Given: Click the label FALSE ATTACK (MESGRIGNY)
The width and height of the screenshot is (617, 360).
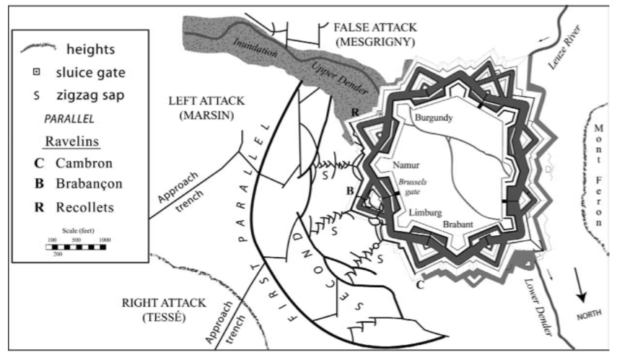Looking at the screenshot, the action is pos(375,34).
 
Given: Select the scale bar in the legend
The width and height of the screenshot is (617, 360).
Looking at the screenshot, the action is pos(76,247).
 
